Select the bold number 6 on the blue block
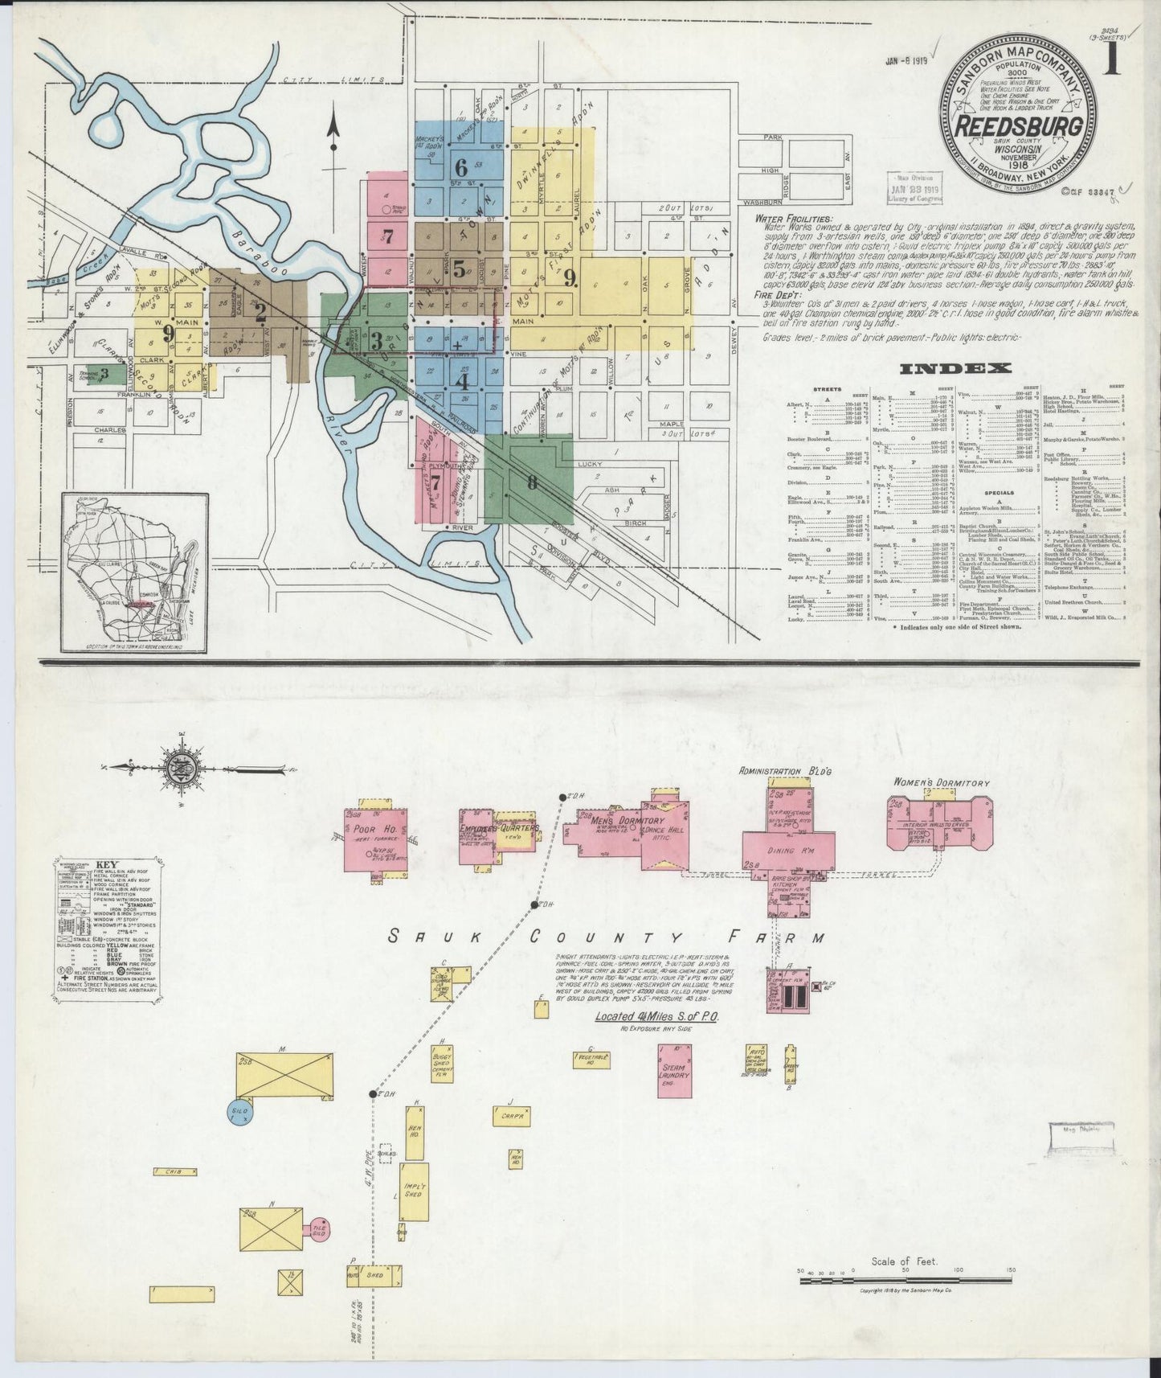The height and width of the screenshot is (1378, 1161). click(x=460, y=168)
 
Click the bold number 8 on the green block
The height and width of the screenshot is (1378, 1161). click(x=531, y=483)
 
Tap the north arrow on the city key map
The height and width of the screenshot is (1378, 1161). click(x=333, y=133)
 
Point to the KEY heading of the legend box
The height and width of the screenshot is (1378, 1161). click(x=105, y=863)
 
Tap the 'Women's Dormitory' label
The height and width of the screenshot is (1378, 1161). click(x=942, y=782)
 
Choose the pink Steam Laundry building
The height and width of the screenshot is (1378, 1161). click(x=674, y=1069)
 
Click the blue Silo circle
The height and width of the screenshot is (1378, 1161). click(x=242, y=1112)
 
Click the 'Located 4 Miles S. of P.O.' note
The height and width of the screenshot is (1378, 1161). click(x=656, y=1016)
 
